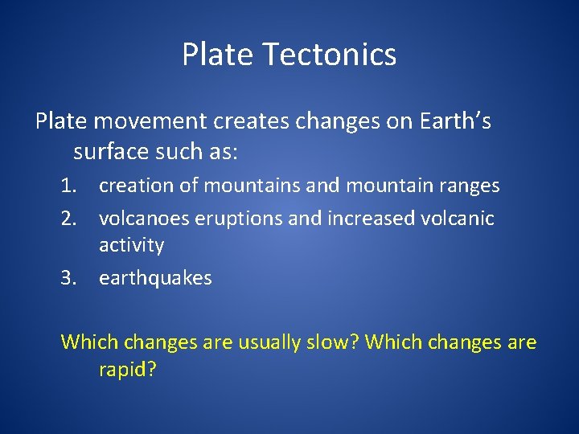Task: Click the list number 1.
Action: point(71,186)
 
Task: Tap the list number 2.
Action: point(71,219)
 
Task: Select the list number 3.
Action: point(71,279)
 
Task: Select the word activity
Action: point(131,245)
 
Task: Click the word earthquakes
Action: point(155,279)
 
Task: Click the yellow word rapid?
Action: point(128,371)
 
